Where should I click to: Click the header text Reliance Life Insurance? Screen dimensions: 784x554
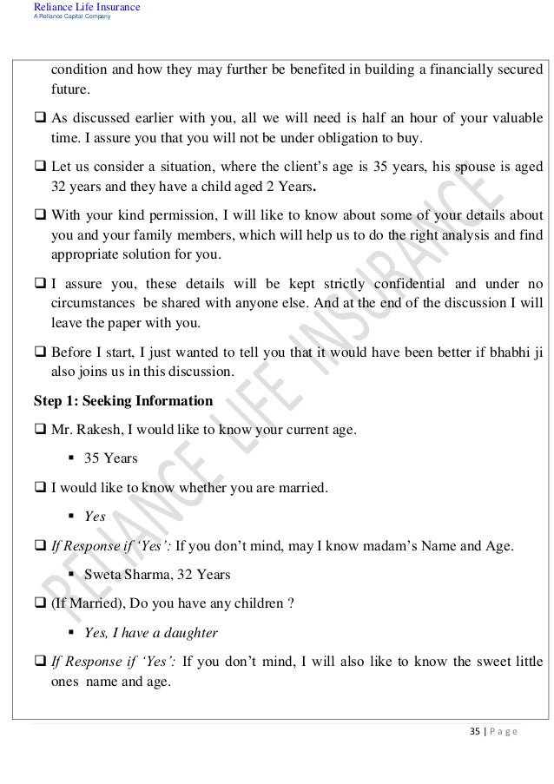pyautogui.click(x=85, y=8)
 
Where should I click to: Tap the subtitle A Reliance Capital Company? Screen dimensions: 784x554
pyautogui.click(x=71, y=17)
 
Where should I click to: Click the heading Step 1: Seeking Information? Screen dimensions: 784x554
pyautogui.click(x=122, y=401)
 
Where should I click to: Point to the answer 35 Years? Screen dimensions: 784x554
pyautogui.click(x=111, y=458)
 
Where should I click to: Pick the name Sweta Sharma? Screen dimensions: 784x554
pyautogui.click(x=122, y=575)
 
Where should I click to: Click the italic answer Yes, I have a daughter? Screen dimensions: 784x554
pyautogui.click(x=151, y=633)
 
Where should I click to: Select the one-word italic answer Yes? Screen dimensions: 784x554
pyautogui.click(x=95, y=517)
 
